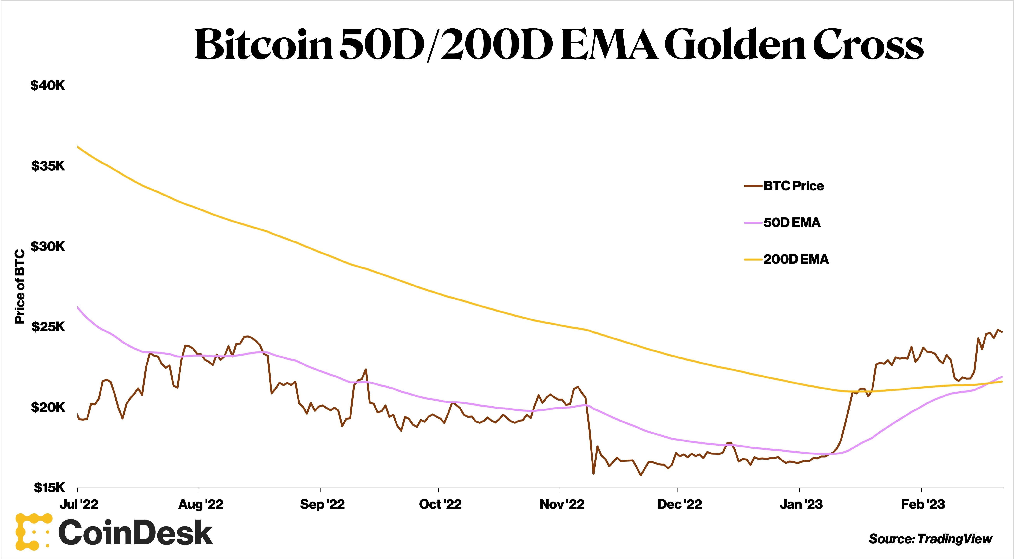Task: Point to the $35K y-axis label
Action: pos(48,166)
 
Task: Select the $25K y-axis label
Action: pos(48,327)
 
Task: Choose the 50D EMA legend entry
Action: pos(792,223)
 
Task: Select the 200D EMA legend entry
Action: pos(796,259)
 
